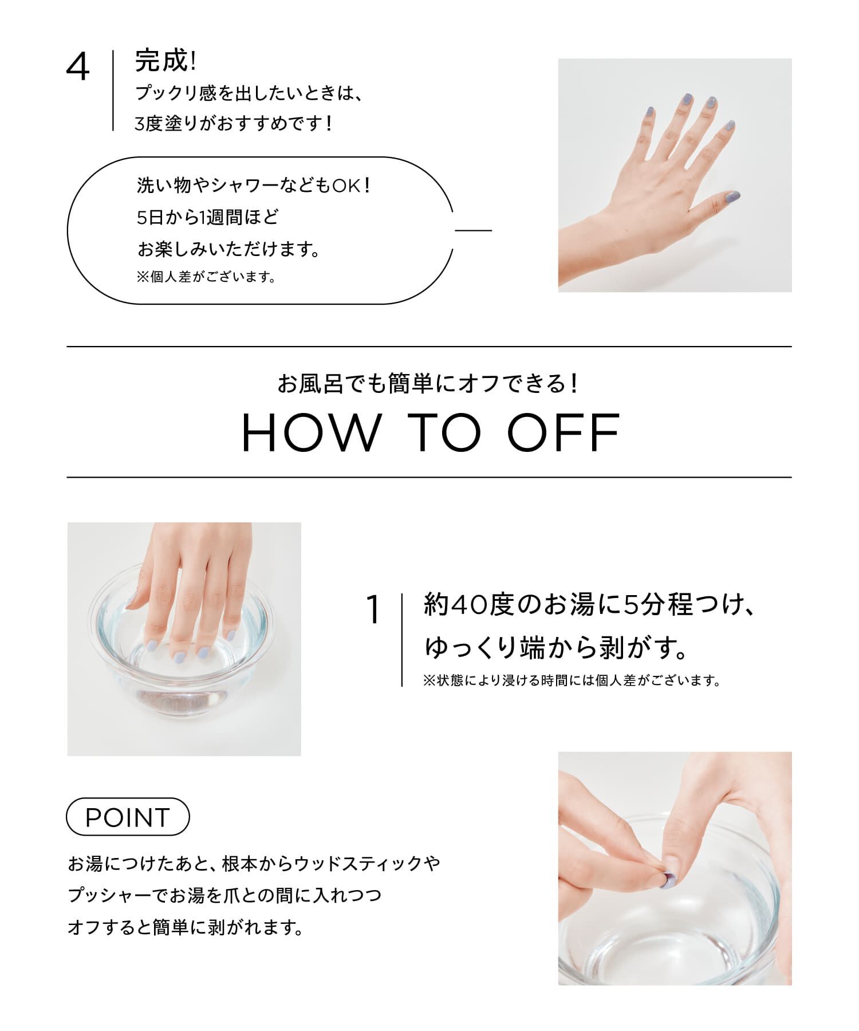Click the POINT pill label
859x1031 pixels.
128,817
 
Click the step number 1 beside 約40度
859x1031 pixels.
373,611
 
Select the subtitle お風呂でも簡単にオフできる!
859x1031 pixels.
428,384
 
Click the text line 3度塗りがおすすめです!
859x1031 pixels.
234,123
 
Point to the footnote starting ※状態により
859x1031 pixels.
571,681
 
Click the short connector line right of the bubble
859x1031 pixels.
474,231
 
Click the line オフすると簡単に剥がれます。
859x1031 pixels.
186,927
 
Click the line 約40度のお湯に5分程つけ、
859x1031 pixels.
588,605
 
